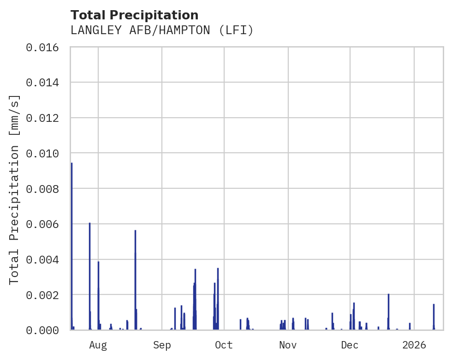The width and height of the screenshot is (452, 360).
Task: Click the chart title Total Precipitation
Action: (134, 15)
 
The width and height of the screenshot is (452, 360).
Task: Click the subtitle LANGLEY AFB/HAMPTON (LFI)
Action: (162, 30)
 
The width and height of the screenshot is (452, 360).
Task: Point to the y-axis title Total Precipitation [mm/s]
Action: (14, 189)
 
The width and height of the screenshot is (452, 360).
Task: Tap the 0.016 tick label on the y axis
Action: (45, 48)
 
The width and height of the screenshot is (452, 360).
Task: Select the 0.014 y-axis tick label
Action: (45, 83)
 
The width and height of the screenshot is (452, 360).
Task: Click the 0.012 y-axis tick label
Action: (45, 118)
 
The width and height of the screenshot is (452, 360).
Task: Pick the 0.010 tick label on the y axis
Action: (45, 153)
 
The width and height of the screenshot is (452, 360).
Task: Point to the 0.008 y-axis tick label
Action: (45, 189)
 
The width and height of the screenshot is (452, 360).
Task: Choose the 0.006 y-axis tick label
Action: (45, 224)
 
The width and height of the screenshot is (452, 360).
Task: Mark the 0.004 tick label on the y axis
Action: (45, 259)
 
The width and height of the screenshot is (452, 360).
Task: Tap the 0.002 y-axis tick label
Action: (45, 295)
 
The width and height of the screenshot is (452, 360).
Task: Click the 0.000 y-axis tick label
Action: (45, 330)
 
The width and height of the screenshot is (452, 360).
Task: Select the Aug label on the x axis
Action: (98, 345)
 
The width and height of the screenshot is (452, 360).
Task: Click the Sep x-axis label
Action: (162, 345)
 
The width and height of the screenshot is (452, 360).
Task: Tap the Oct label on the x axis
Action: (224, 345)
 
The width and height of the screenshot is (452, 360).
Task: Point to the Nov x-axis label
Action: (288, 345)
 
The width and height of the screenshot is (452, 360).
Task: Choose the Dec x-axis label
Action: (350, 345)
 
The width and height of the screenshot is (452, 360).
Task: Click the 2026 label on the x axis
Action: (414, 345)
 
